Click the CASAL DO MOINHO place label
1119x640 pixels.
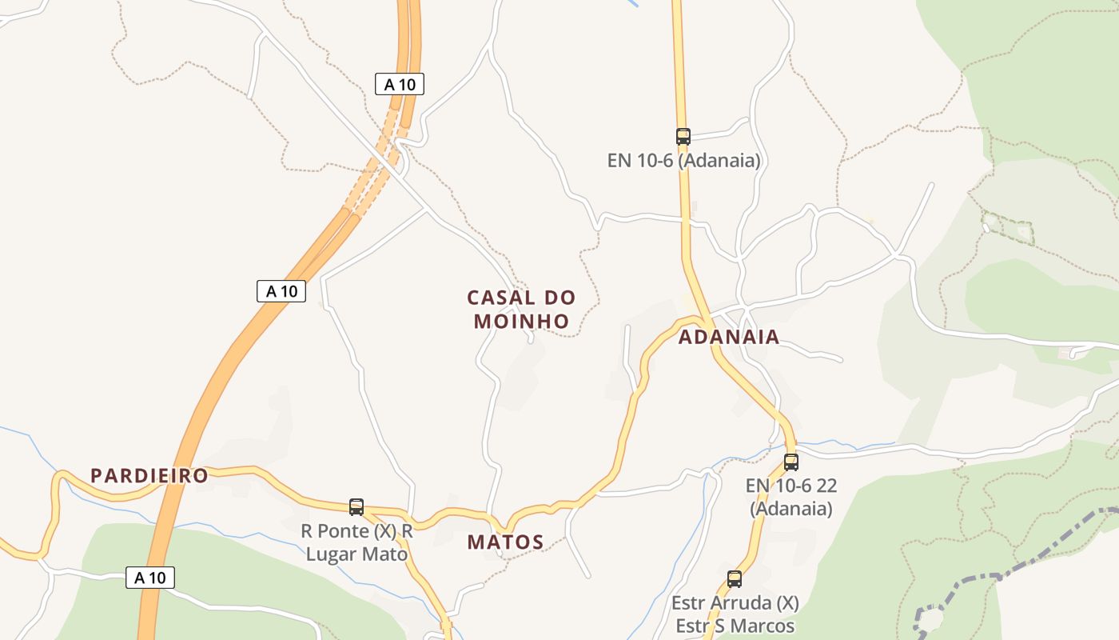coord(521,309)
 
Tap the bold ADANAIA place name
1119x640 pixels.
coord(728,337)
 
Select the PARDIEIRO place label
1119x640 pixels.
coord(149,476)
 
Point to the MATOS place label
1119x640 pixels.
coord(505,542)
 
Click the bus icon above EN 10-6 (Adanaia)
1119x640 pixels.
coord(683,136)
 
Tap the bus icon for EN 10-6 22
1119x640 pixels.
coord(790,462)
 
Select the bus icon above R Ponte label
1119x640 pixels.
coord(356,506)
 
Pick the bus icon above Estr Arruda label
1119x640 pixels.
coord(735,579)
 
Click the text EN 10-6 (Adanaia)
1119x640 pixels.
coord(683,160)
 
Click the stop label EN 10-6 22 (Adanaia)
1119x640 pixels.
coord(790,497)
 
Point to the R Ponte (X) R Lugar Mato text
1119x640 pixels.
coord(356,542)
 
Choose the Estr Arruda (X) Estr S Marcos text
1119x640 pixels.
coord(735,614)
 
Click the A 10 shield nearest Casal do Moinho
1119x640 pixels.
coord(281,291)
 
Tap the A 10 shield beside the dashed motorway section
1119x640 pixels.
coord(399,84)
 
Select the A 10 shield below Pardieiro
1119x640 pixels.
coord(149,577)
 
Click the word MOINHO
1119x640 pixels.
coord(521,321)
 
